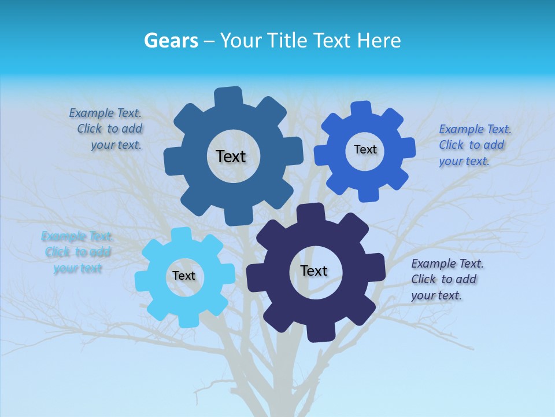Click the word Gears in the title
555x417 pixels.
click(x=171, y=41)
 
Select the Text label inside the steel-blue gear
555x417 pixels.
click(x=231, y=156)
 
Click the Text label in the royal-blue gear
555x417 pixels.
click(x=365, y=149)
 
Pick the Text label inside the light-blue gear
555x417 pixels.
click(x=184, y=276)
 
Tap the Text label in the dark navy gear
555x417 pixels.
click(x=314, y=270)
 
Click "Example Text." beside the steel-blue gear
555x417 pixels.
click(x=105, y=113)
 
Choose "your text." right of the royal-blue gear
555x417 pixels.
click(x=464, y=161)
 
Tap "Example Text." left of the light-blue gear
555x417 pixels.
click(x=77, y=236)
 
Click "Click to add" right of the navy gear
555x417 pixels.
click(x=444, y=279)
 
